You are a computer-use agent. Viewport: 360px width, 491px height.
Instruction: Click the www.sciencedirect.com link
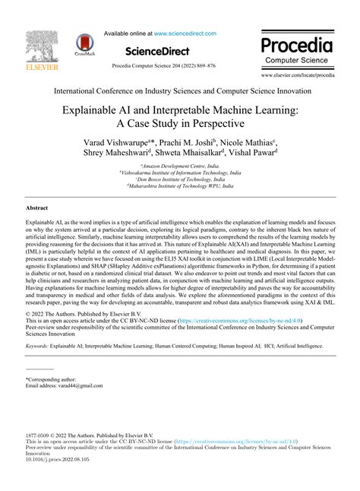[185, 33]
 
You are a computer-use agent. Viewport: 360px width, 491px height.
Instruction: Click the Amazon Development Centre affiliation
[180, 165]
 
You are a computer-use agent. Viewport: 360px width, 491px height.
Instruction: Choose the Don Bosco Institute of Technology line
[180, 179]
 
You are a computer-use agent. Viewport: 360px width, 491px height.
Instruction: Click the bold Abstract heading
[37, 207]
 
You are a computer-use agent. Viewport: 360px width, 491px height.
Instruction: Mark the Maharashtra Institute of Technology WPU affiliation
[180, 185]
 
